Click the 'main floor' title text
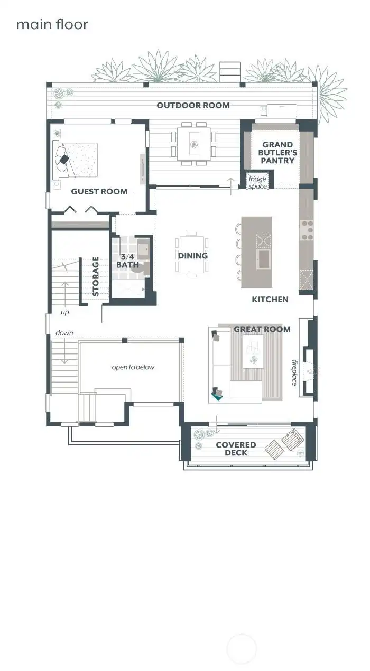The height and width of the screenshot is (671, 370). pyautogui.click(x=52, y=24)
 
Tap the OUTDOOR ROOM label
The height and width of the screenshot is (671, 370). pyautogui.click(x=193, y=105)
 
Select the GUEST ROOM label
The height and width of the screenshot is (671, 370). pyautogui.click(x=99, y=191)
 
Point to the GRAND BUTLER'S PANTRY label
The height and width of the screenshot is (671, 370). pyautogui.click(x=277, y=152)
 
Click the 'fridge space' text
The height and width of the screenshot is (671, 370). pyautogui.click(x=257, y=183)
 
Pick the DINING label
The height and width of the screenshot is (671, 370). pyautogui.click(x=192, y=256)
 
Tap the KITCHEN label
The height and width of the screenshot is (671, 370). pyautogui.click(x=270, y=299)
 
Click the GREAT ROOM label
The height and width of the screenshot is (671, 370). pyautogui.click(x=262, y=329)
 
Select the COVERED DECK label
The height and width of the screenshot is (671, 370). pyautogui.click(x=236, y=449)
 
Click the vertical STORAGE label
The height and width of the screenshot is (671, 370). pyautogui.click(x=96, y=276)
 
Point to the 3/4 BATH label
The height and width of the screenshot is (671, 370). pyautogui.click(x=128, y=260)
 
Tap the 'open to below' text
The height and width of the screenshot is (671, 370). pyautogui.click(x=133, y=367)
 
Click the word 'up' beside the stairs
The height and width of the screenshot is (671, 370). pyautogui.click(x=64, y=312)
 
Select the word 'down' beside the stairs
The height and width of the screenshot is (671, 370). pyautogui.click(x=64, y=333)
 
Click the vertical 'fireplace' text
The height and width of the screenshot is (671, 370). pyautogui.click(x=294, y=373)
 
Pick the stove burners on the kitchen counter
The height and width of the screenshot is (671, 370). pyautogui.click(x=307, y=230)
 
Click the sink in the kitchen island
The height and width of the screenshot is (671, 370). pyautogui.click(x=263, y=259)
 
